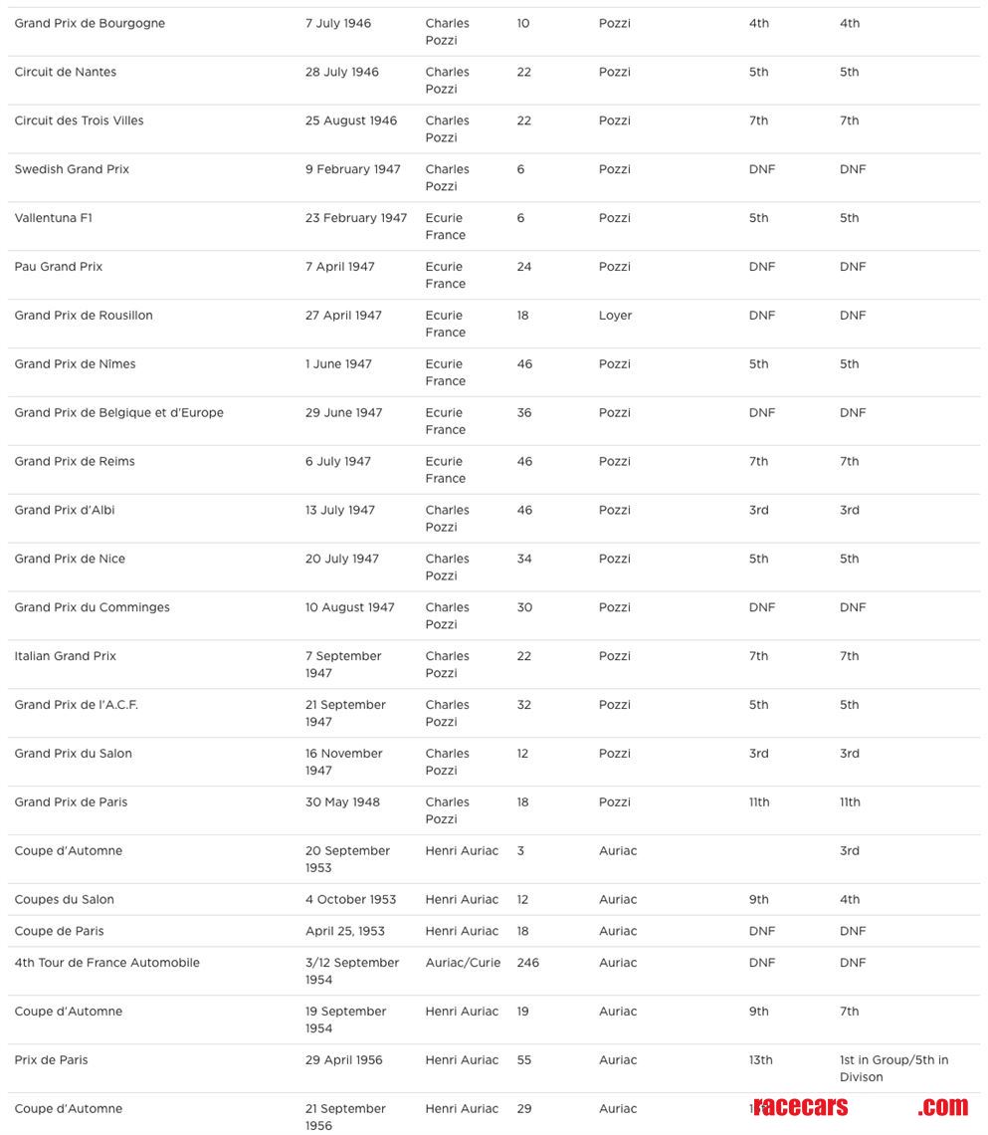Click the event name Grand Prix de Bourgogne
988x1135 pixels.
click(x=90, y=23)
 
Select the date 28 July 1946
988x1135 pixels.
click(x=341, y=72)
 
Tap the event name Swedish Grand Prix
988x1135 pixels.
click(x=72, y=169)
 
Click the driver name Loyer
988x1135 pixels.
click(x=615, y=316)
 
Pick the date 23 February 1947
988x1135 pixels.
click(x=355, y=218)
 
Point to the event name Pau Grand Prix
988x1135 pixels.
click(x=59, y=267)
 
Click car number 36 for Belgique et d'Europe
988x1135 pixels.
click(x=524, y=413)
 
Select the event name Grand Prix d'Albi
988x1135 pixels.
click(x=65, y=511)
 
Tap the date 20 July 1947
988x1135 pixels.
click(x=341, y=560)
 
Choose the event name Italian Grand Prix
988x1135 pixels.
click(x=66, y=657)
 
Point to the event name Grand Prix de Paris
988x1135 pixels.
click(x=71, y=802)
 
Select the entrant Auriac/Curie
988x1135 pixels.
click(x=463, y=963)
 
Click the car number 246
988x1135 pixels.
click(x=527, y=963)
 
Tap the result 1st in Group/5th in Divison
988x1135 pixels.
click(x=893, y=1068)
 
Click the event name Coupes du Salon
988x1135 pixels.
click(x=65, y=900)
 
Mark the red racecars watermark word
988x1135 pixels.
click(x=801, y=1107)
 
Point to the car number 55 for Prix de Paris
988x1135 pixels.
click(x=524, y=1060)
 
